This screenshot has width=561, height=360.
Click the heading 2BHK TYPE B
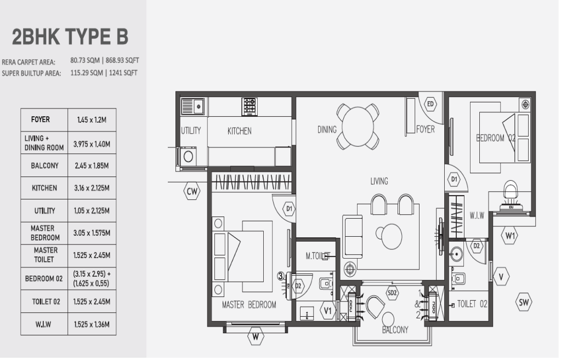click(70, 37)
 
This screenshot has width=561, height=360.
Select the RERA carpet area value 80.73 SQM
click(84, 61)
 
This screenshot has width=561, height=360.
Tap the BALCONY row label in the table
click(44, 164)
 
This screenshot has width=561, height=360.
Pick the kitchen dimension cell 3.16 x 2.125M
click(92, 188)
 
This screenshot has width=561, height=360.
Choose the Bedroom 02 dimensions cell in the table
click(92, 278)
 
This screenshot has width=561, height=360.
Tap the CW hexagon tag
click(192, 191)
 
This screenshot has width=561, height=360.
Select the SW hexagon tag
click(524, 302)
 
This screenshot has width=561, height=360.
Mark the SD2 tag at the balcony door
click(392, 293)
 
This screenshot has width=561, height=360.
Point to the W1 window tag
click(510, 236)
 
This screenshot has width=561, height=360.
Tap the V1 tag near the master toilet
click(328, 311)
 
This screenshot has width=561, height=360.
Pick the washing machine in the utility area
click(188, 157)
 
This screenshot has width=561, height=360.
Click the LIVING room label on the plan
click(379, 181)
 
